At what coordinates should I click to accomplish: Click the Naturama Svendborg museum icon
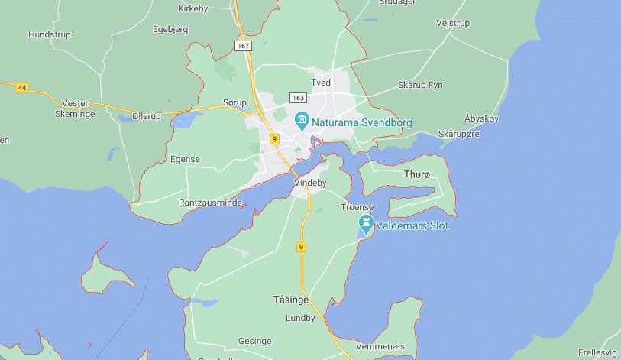302,122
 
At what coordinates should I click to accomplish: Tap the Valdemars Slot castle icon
367,225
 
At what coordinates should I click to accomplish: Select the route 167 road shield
243,46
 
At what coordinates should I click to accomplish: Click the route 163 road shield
298,97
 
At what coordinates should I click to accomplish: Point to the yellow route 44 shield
21,88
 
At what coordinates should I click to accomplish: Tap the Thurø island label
417,174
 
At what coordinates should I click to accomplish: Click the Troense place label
357,207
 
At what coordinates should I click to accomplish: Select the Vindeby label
310,183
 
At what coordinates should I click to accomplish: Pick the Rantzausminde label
210,203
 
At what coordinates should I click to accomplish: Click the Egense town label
185,159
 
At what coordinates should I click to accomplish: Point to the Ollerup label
147,115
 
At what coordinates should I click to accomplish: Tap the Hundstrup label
49,34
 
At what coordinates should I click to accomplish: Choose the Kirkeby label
192,8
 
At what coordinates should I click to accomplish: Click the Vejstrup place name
452,23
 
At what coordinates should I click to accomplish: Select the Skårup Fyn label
420,85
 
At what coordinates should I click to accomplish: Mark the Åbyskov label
481,118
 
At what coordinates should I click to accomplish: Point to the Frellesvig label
598,352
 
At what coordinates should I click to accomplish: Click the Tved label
321,83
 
